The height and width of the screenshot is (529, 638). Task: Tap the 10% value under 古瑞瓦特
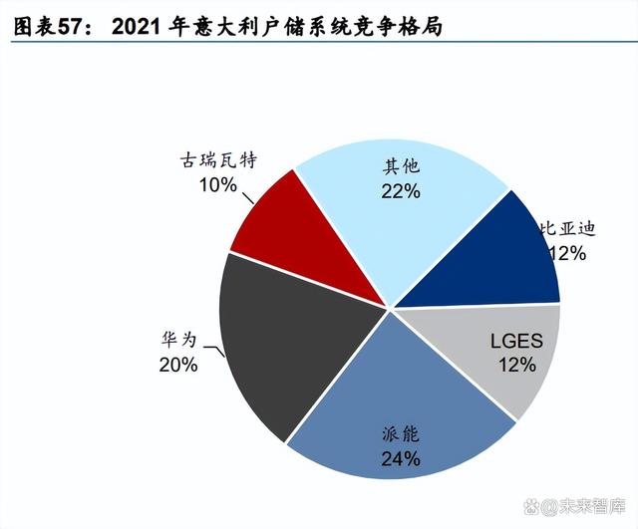point(217,184)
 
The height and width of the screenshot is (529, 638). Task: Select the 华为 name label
point(179,340)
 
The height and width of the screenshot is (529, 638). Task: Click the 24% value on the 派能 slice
point(400,459)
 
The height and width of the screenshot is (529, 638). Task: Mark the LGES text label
point(516,342)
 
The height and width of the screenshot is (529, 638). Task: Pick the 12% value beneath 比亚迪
point(565,253)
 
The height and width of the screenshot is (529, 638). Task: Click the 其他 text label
point(401,166)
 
